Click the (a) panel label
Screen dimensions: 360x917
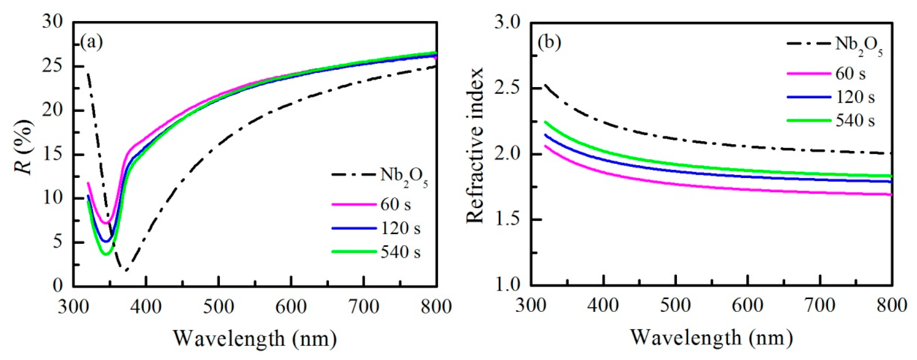pyautogui.click(x=92, y=42)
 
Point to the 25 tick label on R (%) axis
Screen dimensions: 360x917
pyautogui.click(x=53, y=67)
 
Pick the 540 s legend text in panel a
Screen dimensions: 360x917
pyautogui.click(x=401, y=252)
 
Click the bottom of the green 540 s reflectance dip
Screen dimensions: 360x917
pyautogui.click(x=106, y=254)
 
